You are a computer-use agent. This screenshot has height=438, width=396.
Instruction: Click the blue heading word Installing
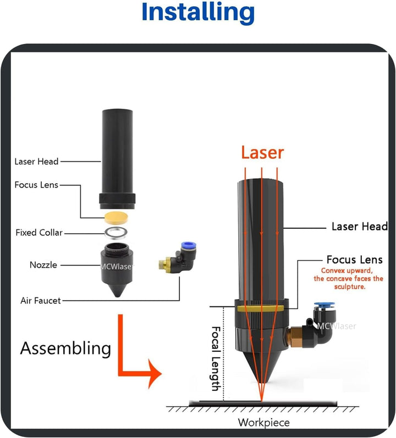click(x=198, y=13)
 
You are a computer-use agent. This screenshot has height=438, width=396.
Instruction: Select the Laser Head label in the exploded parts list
click(x=36, y=161)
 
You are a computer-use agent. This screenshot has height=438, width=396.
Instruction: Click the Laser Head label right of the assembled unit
click(x=359, y=226)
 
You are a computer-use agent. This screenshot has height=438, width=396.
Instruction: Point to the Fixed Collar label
click(x=39, y=233)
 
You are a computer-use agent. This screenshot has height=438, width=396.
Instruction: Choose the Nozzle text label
click(x=43, y=265)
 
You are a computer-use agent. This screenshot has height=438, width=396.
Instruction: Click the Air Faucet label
click(x=41, y=300)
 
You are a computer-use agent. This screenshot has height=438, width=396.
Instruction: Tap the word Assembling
click(x=65, y=347)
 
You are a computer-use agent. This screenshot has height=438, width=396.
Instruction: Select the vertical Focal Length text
click(x=216, y=358)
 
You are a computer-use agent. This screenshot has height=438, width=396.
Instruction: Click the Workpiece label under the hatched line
click(x=263, y=422)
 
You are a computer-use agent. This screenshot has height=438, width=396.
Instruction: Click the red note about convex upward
click(x=348, y=278)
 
